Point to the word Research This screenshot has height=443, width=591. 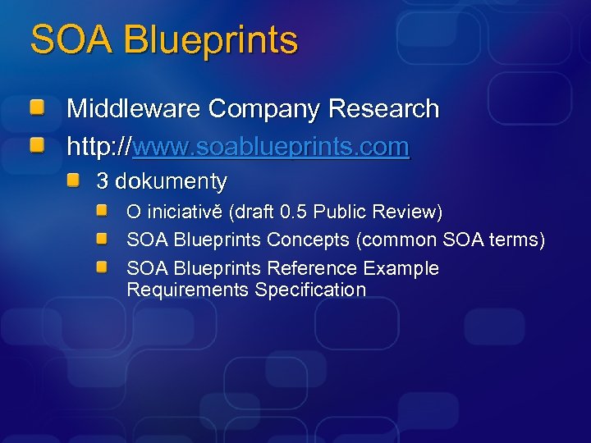[383, 108]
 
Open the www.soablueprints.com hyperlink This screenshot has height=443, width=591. [270, 147]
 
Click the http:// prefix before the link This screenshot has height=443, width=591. [98, 147]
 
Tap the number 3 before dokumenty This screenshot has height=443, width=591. [103, 180]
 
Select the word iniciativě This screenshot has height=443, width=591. [185, 212]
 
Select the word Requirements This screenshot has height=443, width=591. [187, 290]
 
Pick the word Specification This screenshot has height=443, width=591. [310, 290]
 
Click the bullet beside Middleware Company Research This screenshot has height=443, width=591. [38, 107]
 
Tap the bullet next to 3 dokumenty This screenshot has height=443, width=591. [74, 180]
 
